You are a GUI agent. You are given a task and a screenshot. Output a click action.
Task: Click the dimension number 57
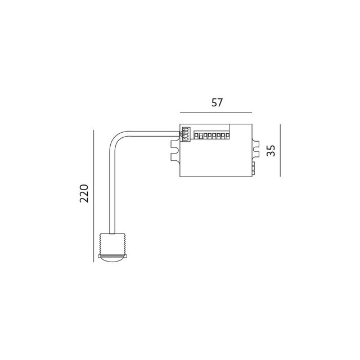(x=217, y=103)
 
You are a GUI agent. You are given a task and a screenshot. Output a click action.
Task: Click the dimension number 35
(x=271, y=151)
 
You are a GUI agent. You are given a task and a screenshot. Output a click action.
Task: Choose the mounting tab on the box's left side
(x=173, y=150)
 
